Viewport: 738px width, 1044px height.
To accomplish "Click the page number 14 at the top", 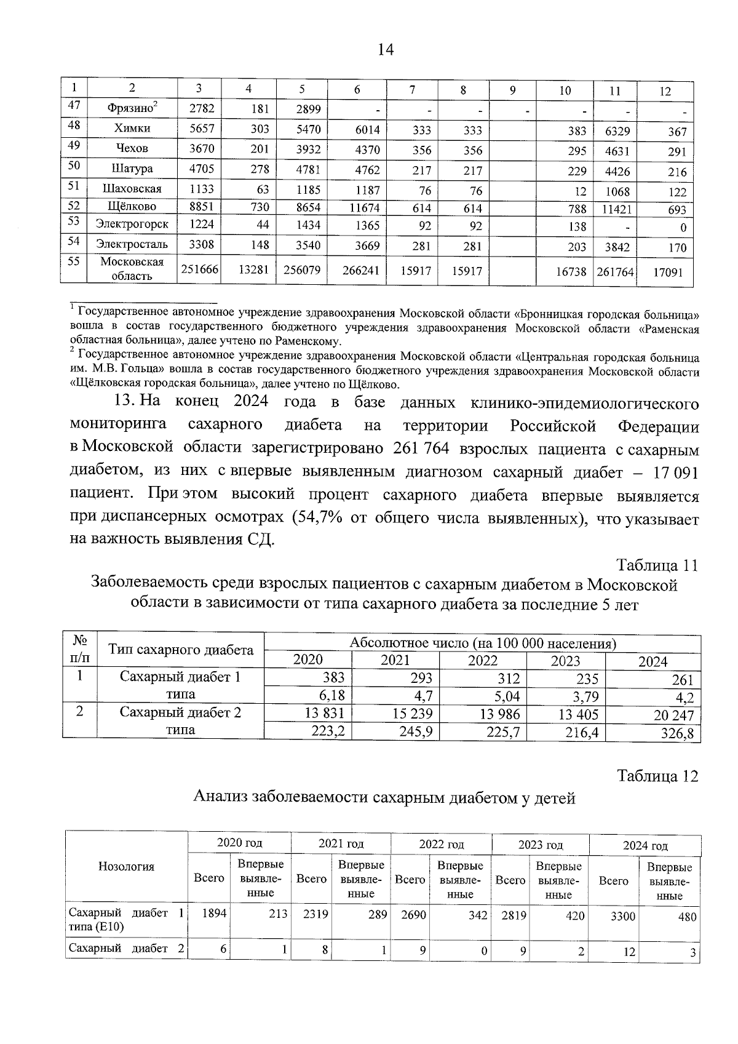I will [386, 50].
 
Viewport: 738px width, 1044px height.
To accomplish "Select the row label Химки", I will [132, 129].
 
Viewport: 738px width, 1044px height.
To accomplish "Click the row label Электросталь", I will [132, 245].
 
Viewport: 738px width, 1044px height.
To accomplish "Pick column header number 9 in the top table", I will [512, 90].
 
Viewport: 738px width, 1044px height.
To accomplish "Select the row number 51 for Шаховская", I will [74, 186].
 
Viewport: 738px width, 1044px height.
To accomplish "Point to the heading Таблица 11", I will [657, 565].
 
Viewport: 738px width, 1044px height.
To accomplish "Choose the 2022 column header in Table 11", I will [483, 661].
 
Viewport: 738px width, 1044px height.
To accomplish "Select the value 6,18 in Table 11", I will [329, 696].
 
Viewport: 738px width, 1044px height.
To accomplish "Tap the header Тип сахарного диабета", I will [181, 650].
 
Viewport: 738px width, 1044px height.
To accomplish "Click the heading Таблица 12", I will [657, 776].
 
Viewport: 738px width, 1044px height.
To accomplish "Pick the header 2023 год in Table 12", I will [540, 845].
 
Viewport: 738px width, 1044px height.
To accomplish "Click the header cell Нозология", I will [126, 867].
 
